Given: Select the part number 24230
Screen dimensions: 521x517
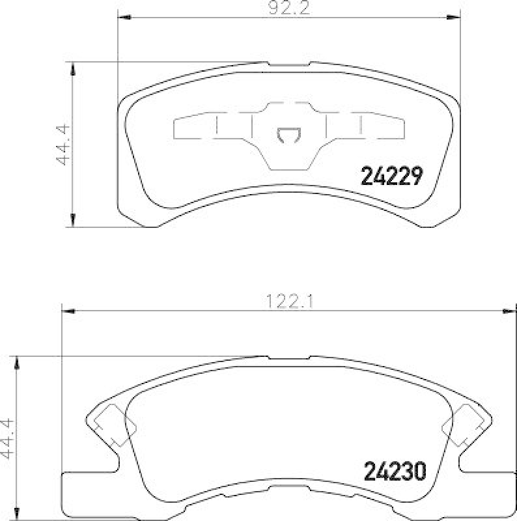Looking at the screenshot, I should click(393, 469).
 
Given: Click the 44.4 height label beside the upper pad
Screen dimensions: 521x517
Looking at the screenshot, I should click(63, 144).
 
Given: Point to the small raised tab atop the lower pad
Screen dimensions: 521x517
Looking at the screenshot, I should click(289, 358).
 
